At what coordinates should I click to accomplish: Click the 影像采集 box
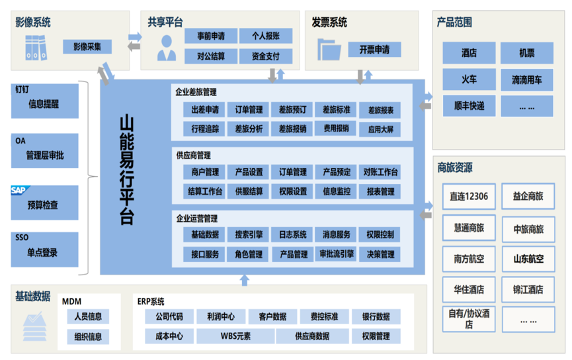point(87,47)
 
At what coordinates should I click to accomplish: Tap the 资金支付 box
point(266,56)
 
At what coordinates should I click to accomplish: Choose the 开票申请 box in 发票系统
point(374,50)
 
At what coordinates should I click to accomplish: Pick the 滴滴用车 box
point(526,80)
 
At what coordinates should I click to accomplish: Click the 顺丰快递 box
point(469,105)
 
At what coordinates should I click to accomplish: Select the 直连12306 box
point(468,196)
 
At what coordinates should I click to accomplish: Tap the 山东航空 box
point(528,259)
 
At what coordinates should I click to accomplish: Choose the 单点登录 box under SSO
point(42,252)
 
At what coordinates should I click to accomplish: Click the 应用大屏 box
point(380,129)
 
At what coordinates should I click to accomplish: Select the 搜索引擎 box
point(249,234)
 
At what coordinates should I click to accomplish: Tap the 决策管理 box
point(380,254)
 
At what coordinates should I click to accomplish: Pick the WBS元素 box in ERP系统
point(236,336)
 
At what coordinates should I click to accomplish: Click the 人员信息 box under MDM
point(88,316)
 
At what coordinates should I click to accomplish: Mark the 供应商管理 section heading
point(193,156)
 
